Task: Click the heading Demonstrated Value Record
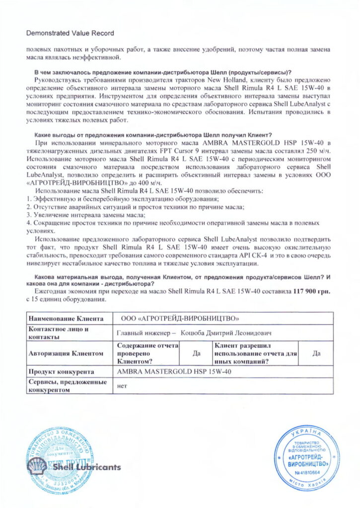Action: click(70, 33)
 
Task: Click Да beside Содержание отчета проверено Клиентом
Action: click(196, 353)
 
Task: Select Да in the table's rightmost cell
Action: click(316, 353)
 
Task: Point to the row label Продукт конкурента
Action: click(62, 371)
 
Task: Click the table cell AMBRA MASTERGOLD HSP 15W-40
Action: click(174, 371)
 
